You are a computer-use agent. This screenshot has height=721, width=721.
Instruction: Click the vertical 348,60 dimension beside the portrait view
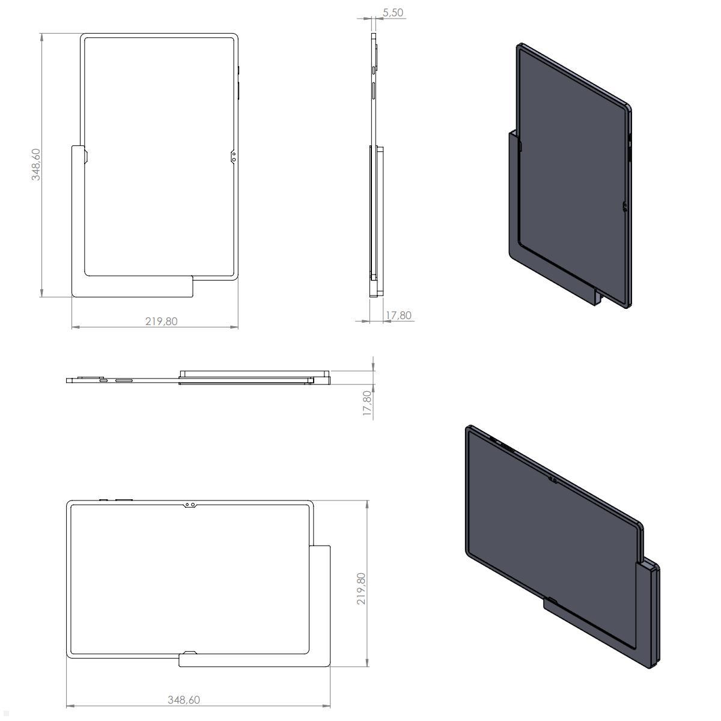(37, 165)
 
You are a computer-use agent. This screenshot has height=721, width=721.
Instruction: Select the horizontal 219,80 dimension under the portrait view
(161, 321)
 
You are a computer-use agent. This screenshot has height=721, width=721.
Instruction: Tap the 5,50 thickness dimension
(392, 12)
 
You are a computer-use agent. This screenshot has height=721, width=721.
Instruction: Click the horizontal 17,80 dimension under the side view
(398, 315)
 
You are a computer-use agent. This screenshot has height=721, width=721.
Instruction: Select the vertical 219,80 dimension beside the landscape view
(360, 588)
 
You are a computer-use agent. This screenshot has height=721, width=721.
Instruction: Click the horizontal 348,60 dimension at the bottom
(183, 699)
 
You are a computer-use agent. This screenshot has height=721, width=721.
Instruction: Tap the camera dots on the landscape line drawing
(190, 505)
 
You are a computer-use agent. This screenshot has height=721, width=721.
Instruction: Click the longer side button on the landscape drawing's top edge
(123, 499)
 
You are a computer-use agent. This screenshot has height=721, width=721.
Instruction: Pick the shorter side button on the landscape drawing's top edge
(103, 499)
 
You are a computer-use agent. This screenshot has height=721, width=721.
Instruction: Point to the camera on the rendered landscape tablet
(552, 479)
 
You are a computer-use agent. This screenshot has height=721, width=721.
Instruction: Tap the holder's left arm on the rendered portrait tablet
(514, 198)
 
